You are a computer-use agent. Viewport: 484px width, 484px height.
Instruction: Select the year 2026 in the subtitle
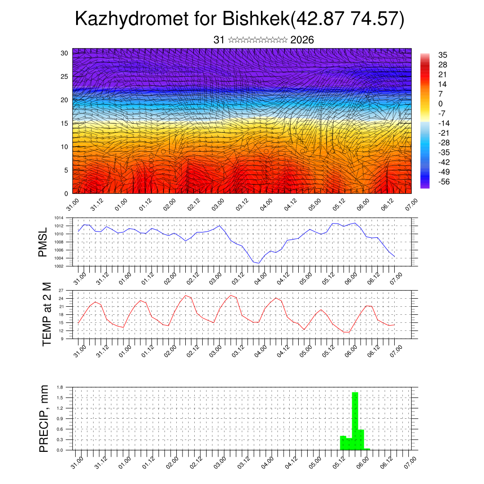[302, 40]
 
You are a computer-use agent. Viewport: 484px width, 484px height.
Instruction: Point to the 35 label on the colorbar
[443, 55]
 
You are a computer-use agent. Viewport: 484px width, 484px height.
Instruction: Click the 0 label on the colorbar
[441, 104]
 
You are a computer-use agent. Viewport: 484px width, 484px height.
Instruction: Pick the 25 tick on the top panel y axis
[64, 76]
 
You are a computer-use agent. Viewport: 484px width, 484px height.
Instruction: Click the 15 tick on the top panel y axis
[64, 123]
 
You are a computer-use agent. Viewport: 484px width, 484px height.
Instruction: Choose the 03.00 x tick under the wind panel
[218, 205]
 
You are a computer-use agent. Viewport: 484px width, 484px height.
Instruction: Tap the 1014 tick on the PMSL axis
[58, 218]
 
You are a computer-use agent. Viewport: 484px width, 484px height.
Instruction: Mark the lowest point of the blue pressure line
[259, 263]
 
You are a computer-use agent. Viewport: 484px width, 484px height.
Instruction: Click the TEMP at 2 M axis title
[46, 314]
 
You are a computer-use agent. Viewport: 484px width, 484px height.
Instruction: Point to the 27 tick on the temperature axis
[61, 290]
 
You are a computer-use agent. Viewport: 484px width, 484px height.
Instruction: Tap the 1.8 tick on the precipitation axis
[60, 387]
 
